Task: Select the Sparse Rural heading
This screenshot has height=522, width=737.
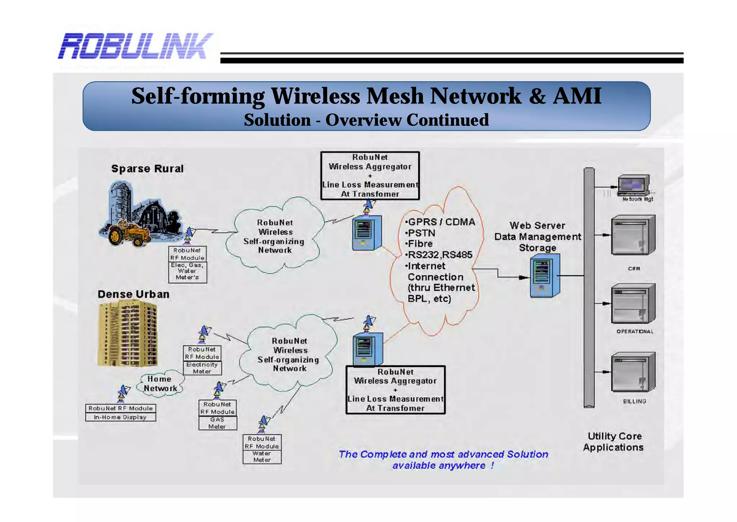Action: coord(147,169)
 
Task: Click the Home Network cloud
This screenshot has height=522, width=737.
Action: coord(160,384)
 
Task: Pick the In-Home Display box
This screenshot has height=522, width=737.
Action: coord(120,417)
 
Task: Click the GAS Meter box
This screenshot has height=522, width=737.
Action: coord(217,423)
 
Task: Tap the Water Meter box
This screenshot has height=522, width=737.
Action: coord(262,456)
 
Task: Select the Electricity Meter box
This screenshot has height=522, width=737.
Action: coord(202,368)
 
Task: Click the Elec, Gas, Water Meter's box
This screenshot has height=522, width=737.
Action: coord(187,271)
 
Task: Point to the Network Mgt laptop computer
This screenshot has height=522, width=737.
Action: coord(634,185)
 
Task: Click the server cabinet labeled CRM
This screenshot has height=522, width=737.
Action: coord(633,235)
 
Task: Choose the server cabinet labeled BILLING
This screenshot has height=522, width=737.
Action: coord(633,372)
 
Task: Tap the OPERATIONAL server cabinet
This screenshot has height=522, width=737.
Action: coord(633,303)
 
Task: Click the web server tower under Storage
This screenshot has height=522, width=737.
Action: coord(544,276)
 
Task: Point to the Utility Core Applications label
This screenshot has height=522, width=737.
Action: coord(614,442)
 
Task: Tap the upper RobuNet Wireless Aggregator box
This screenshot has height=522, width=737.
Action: coord(370,175)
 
